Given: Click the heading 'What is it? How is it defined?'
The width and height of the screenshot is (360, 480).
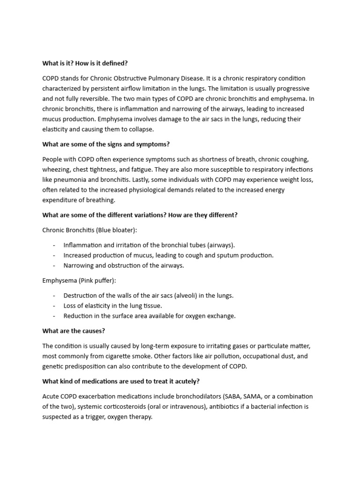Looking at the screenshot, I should tap(85, 63).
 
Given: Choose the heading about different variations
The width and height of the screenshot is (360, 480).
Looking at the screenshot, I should tap(140, 215).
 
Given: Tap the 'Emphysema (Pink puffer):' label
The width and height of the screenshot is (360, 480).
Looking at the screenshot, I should tap(79, 280).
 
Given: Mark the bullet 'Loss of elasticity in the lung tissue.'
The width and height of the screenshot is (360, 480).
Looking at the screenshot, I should tap(112, 306).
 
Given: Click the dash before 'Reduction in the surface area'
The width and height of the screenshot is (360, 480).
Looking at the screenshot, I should tap(54, 316).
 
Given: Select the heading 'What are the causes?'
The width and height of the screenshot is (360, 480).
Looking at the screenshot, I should tap(74, 331).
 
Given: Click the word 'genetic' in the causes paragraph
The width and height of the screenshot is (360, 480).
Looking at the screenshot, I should tap(53, 367).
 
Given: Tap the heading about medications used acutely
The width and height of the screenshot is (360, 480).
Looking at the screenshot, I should tap(121, 382).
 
